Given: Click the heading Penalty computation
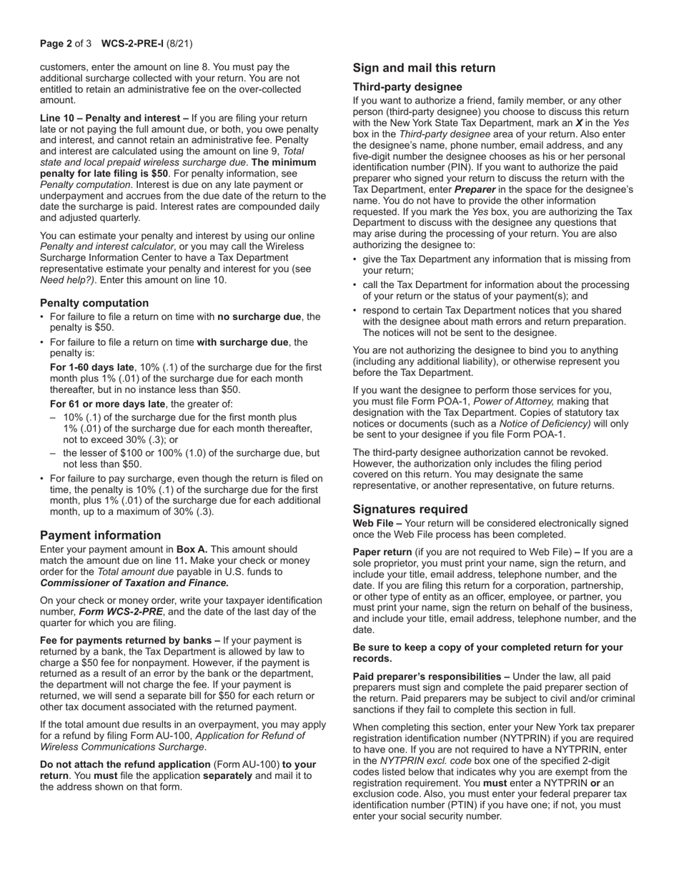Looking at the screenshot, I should coord(94,302).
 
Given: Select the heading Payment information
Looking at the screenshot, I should coord(100,535).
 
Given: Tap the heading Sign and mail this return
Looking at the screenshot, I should coord(424,68).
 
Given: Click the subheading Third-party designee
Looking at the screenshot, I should coord(407,86).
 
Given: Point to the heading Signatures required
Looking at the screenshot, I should coord(410,509).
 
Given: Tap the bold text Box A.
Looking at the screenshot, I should coord(192,550).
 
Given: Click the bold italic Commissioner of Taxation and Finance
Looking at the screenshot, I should coord(134,583).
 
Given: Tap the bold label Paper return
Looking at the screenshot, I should coord(382,552).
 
